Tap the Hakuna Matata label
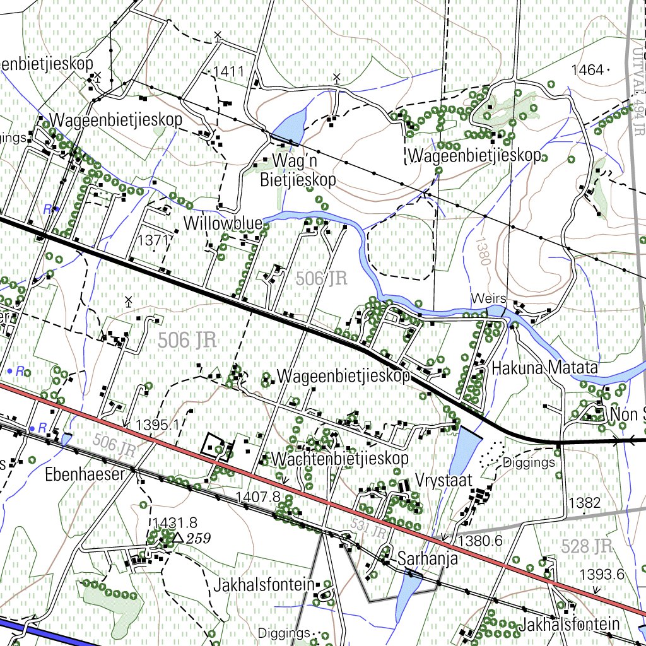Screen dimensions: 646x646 (544, 367)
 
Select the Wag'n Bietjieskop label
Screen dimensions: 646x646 (298, 170)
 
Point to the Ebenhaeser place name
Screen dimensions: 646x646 (85, 474)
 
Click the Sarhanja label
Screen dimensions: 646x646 (426, 559)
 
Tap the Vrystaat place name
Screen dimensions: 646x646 (443, 481)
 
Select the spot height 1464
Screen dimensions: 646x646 (587, 70)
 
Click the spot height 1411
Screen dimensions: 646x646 (228, 71)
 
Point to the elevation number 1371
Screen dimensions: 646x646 (154, 240)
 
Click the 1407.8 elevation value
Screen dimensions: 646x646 (257, 497)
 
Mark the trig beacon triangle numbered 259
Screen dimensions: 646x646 (178, 537)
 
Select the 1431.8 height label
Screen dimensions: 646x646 (175, 522)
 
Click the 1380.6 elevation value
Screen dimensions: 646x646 (480, 541)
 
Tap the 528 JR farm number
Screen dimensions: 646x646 (587, 546)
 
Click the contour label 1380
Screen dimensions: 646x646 (483, 250)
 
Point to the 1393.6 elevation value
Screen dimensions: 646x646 (602, 574)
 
